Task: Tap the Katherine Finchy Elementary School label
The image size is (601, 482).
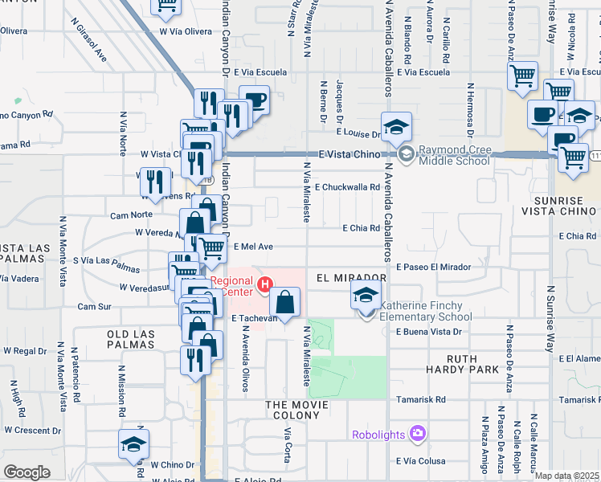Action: click(x=426, y=311)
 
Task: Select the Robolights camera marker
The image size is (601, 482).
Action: click(x=417, y=434)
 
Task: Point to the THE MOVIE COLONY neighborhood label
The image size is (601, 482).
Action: click(x=297, y=405)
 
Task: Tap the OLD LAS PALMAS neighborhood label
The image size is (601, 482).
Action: click(x=129, y=338)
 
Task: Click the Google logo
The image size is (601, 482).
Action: click(x=27, y=472)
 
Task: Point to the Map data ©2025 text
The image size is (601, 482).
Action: click(x=566, y=476)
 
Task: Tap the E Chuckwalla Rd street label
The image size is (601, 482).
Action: click(x=347, y=187)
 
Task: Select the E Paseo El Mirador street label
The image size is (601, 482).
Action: click(x=432, y=267)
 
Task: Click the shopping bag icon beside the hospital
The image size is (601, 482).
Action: click(x=285, y=302)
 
